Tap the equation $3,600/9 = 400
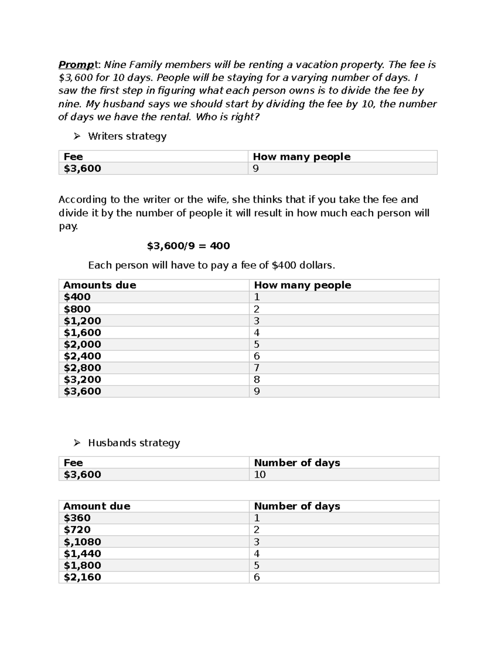(x=188, y=246)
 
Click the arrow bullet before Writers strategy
(x=77, y=136)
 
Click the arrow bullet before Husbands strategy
(x=77, y=443)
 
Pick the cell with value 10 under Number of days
(x=260, y=475)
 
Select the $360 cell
(x=77, y=518)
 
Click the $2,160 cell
(x=82, y=577)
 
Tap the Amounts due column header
(x=100, y=285)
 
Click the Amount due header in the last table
(x=97, y=506)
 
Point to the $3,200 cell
(x=82, y=380)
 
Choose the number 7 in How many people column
(x=256, y=368)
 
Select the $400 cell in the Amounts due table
(x=77, y=297)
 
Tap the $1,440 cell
(x=82, y=554)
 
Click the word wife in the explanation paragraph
(x=215, y=200)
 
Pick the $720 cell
(x=77, y=530)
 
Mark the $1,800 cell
(x=82, y=565)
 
